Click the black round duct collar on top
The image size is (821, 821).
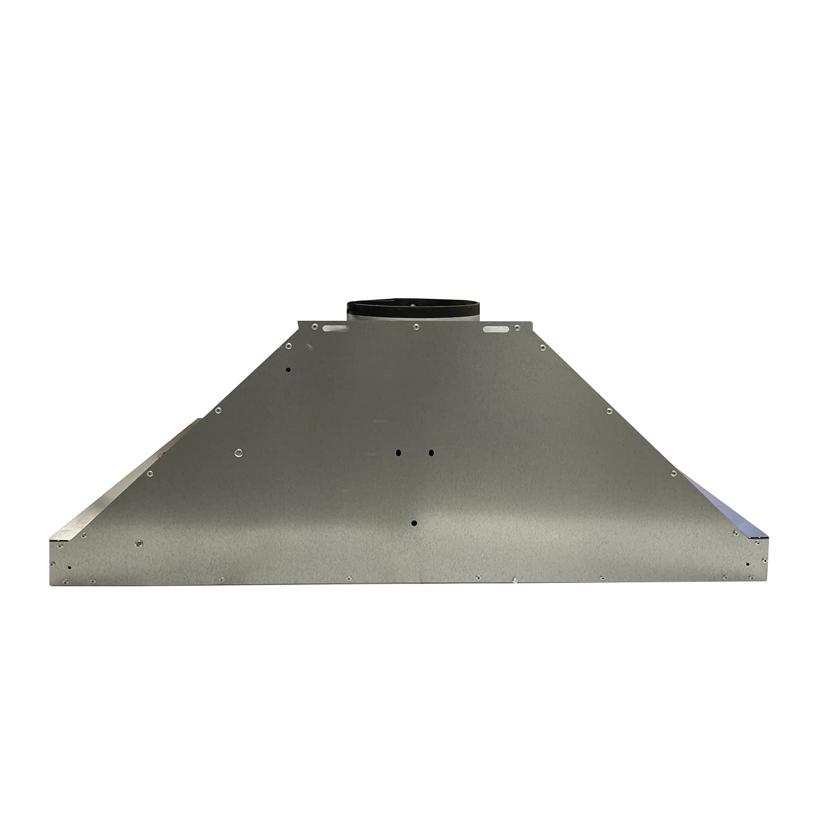tap(412, 309)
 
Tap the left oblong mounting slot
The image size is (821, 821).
tap(335, 328)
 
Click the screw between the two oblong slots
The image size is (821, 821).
tap(415, 327)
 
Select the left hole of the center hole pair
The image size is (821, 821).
tap(399, 453)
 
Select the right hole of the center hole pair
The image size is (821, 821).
tap(431, 453)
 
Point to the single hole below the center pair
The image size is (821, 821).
tap(414, 523)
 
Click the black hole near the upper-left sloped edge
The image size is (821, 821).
tap(288, 370)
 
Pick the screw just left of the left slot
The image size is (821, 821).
tap(314, 326)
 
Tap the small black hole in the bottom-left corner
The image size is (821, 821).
tap(69, 568)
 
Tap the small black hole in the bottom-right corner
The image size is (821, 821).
tap(747, 564)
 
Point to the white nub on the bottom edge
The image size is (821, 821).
tap(515, 580)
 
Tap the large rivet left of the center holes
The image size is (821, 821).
tap(238, 453)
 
